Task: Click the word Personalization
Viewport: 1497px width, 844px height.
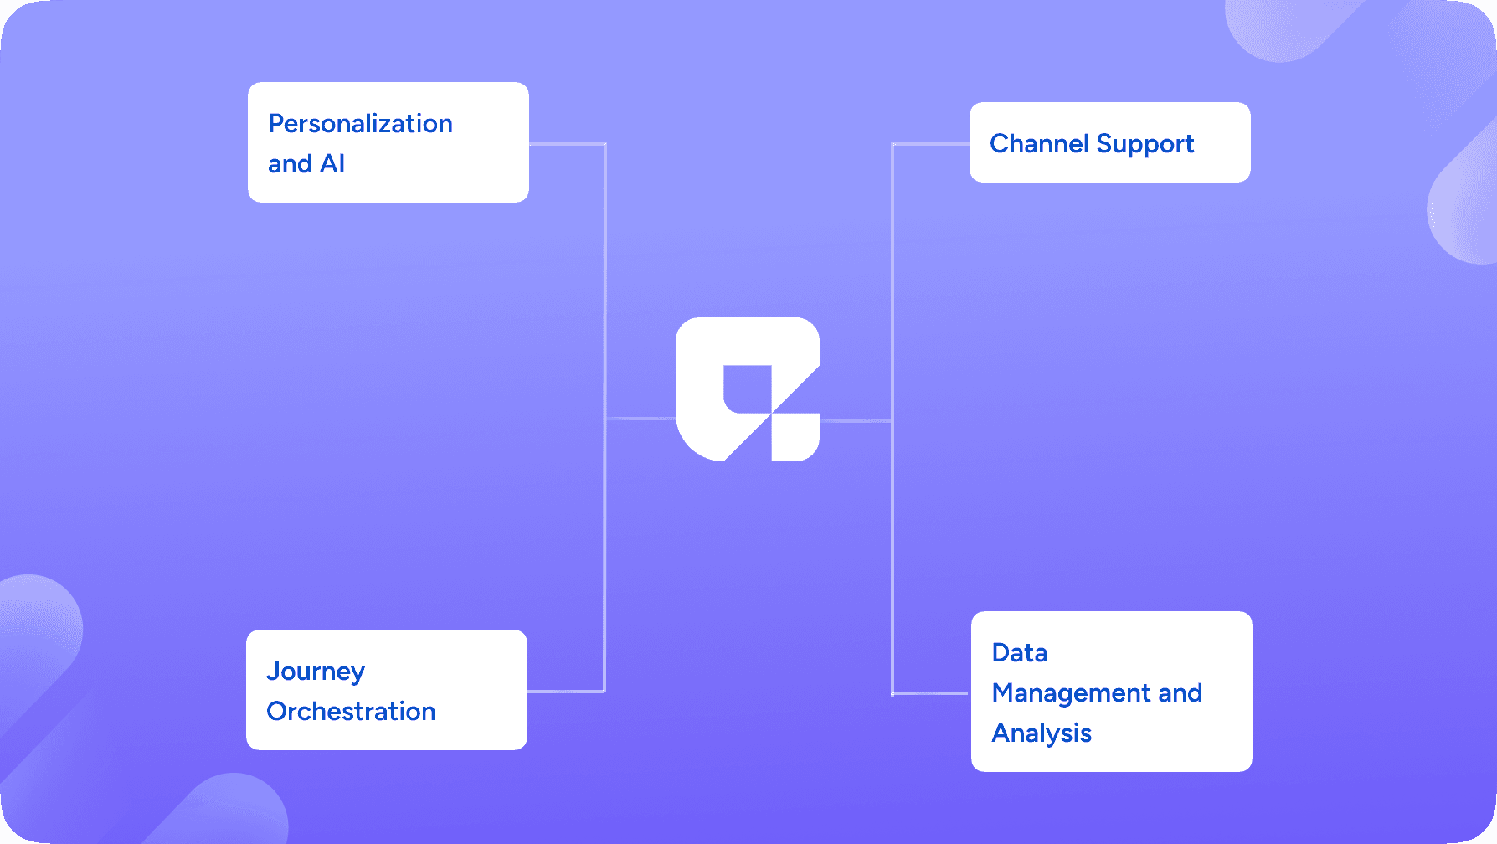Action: [x=360, y=124]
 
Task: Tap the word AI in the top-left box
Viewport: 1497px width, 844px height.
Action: [x=332, y=164]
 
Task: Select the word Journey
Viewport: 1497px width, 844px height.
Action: [x=316, y=672]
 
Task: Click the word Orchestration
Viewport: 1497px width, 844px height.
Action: [x=351, y=712]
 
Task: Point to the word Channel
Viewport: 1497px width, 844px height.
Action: [x=1039, y=144]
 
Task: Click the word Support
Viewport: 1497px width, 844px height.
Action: [x=1145, y=144]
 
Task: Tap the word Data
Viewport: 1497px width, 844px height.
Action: [x=1019, y=653]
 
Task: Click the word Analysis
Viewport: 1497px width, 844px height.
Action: [x=1042, y=733]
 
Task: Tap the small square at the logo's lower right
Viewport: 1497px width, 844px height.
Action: [x=795, y=437]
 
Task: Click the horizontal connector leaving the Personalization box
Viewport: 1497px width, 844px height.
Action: [x=567, y=144]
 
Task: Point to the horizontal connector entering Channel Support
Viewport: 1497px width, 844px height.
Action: [x=930, y=144]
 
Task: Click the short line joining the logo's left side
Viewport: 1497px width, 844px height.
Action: [x=640, y=418]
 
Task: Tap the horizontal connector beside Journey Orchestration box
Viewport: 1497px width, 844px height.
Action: [x=566, y=692]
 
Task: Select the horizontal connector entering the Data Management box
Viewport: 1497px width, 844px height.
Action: [x=931, y=693]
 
